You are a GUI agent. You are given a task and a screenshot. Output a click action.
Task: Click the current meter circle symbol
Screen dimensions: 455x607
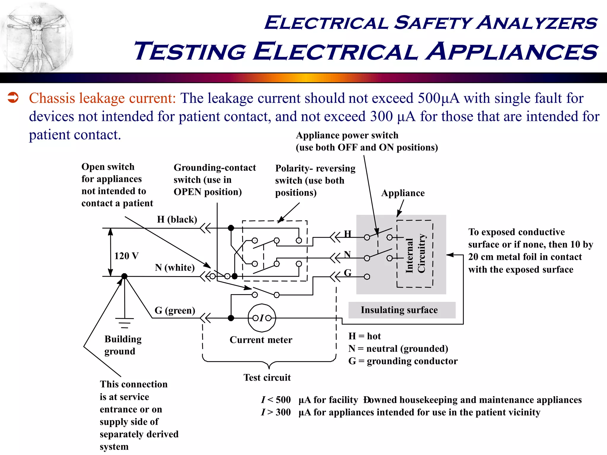(x=262, y=318)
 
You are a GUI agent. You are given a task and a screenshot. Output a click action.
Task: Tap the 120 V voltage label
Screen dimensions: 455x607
(x=126, y=256)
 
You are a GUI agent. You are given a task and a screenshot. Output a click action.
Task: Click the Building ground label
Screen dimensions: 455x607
(x=123, y=345)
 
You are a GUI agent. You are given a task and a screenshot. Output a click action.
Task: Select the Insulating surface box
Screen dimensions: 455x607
(x=402, y=310)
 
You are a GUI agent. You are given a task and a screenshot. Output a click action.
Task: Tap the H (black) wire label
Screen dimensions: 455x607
(x=177, y=219)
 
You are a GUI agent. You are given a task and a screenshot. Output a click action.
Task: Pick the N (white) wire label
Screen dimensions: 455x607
(x=175, y=267)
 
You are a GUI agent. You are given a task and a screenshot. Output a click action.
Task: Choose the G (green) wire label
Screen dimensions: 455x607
(x=175, y=310)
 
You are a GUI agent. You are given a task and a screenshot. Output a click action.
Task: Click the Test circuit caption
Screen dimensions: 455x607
(x=267, y=377)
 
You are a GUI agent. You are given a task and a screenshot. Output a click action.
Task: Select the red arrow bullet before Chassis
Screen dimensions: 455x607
(x=13, y=98)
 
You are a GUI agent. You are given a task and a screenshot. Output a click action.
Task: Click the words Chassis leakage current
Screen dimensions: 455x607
(x=102, y=98)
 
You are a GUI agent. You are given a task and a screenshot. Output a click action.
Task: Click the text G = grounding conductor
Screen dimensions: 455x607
(x=403, y=361)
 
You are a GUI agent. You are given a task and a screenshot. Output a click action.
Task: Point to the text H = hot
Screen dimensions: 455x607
(x=365, y=336)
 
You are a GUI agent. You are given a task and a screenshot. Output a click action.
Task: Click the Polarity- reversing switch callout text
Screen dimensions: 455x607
(x=315, y=180)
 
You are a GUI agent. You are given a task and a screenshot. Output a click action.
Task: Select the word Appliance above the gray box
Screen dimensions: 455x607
(x=403, y=193)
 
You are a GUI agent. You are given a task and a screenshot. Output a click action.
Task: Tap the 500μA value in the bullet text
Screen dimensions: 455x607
(x=438, y=98)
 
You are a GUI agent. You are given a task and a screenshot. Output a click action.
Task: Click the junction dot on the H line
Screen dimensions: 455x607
(x=231, y=228)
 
